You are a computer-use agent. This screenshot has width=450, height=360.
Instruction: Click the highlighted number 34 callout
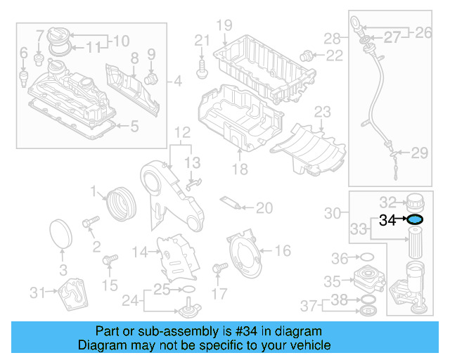(387, 220)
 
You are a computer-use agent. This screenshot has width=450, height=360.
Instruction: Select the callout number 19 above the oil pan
(224, 27)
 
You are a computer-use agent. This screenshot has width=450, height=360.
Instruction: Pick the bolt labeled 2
(90, 224)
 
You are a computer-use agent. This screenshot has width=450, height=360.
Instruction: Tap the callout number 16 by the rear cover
(282, 250)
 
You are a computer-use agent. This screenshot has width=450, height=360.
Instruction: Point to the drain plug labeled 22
(306, 55)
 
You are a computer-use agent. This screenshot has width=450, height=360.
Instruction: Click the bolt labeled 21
(202, 67)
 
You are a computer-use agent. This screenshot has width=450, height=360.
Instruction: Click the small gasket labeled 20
(232, 203)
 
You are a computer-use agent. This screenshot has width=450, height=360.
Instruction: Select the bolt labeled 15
(108, 262)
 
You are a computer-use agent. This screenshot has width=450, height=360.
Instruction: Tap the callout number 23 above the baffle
(322, 112)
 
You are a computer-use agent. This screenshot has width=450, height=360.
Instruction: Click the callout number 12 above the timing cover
(182, 132)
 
